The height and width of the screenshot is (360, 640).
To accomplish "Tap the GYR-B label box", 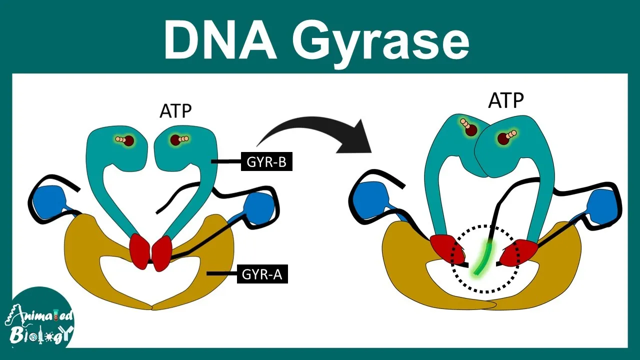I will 266,161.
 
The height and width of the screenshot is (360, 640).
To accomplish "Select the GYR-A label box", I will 262,274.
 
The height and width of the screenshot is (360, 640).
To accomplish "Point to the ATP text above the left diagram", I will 175,111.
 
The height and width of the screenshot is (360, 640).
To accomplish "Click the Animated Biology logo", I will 39,320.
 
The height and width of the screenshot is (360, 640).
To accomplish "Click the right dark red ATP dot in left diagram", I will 175,140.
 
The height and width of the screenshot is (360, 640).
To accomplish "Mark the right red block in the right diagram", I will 518,252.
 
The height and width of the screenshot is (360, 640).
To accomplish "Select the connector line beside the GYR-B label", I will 226,161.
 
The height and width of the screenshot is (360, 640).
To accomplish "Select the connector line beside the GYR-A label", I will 222,273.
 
